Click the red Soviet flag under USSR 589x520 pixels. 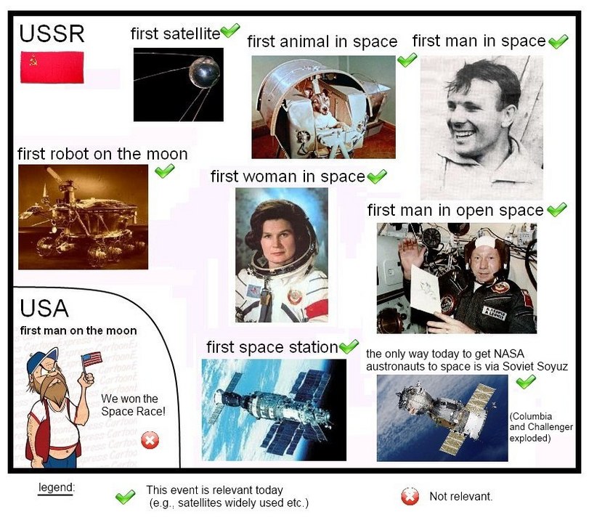(x=52, y=67)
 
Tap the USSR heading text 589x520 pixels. (x=52, y=33)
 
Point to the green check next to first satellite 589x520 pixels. (x=230, y=31)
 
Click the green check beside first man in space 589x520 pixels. (x=558, y=41)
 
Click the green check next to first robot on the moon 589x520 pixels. (x=165, y=171)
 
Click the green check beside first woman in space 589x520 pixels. (x=377, y=176)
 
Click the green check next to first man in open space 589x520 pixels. (x=556, y=211)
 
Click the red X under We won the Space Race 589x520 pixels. (x=150, y=440)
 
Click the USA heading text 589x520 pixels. (x=44, y=309)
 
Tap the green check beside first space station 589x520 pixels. (x=349, y=346)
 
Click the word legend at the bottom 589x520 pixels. (x=56, y=486)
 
